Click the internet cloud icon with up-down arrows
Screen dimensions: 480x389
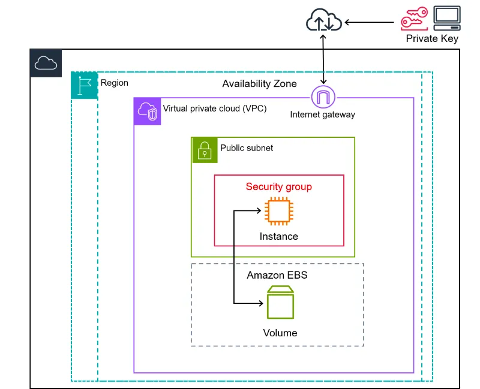(x=324, y=20)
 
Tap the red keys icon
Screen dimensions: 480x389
(x=415, y=19)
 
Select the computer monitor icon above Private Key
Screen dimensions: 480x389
(x=447, y=18)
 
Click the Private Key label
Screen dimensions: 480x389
(x=432, y=38)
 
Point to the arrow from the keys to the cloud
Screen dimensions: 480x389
(x=369, y=22)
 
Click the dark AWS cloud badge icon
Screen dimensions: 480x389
(x=46, y=63)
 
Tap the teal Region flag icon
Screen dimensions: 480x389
(x=85, y=85)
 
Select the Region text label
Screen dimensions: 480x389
(x=115, y=83)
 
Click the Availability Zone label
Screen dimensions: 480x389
(x=259, y=83)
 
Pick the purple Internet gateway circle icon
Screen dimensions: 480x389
(x=323, y=97)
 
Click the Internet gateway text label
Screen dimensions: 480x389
(x=323, y=114)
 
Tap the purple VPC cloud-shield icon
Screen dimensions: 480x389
(x=147, y=111)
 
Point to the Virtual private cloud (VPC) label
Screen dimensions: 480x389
(x=215, y=108)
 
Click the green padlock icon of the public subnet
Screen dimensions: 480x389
(x=205, y=150)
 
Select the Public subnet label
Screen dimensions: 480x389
(x=247, y=148)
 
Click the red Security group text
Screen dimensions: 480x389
(x=279, y=186)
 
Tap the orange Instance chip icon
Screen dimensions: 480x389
(x=279, y=211)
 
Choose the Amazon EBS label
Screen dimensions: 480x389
(x=277, y=275)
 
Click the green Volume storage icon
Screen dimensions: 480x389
(x=280, y=302)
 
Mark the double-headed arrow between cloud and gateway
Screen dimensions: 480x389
(x=323, y=59)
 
